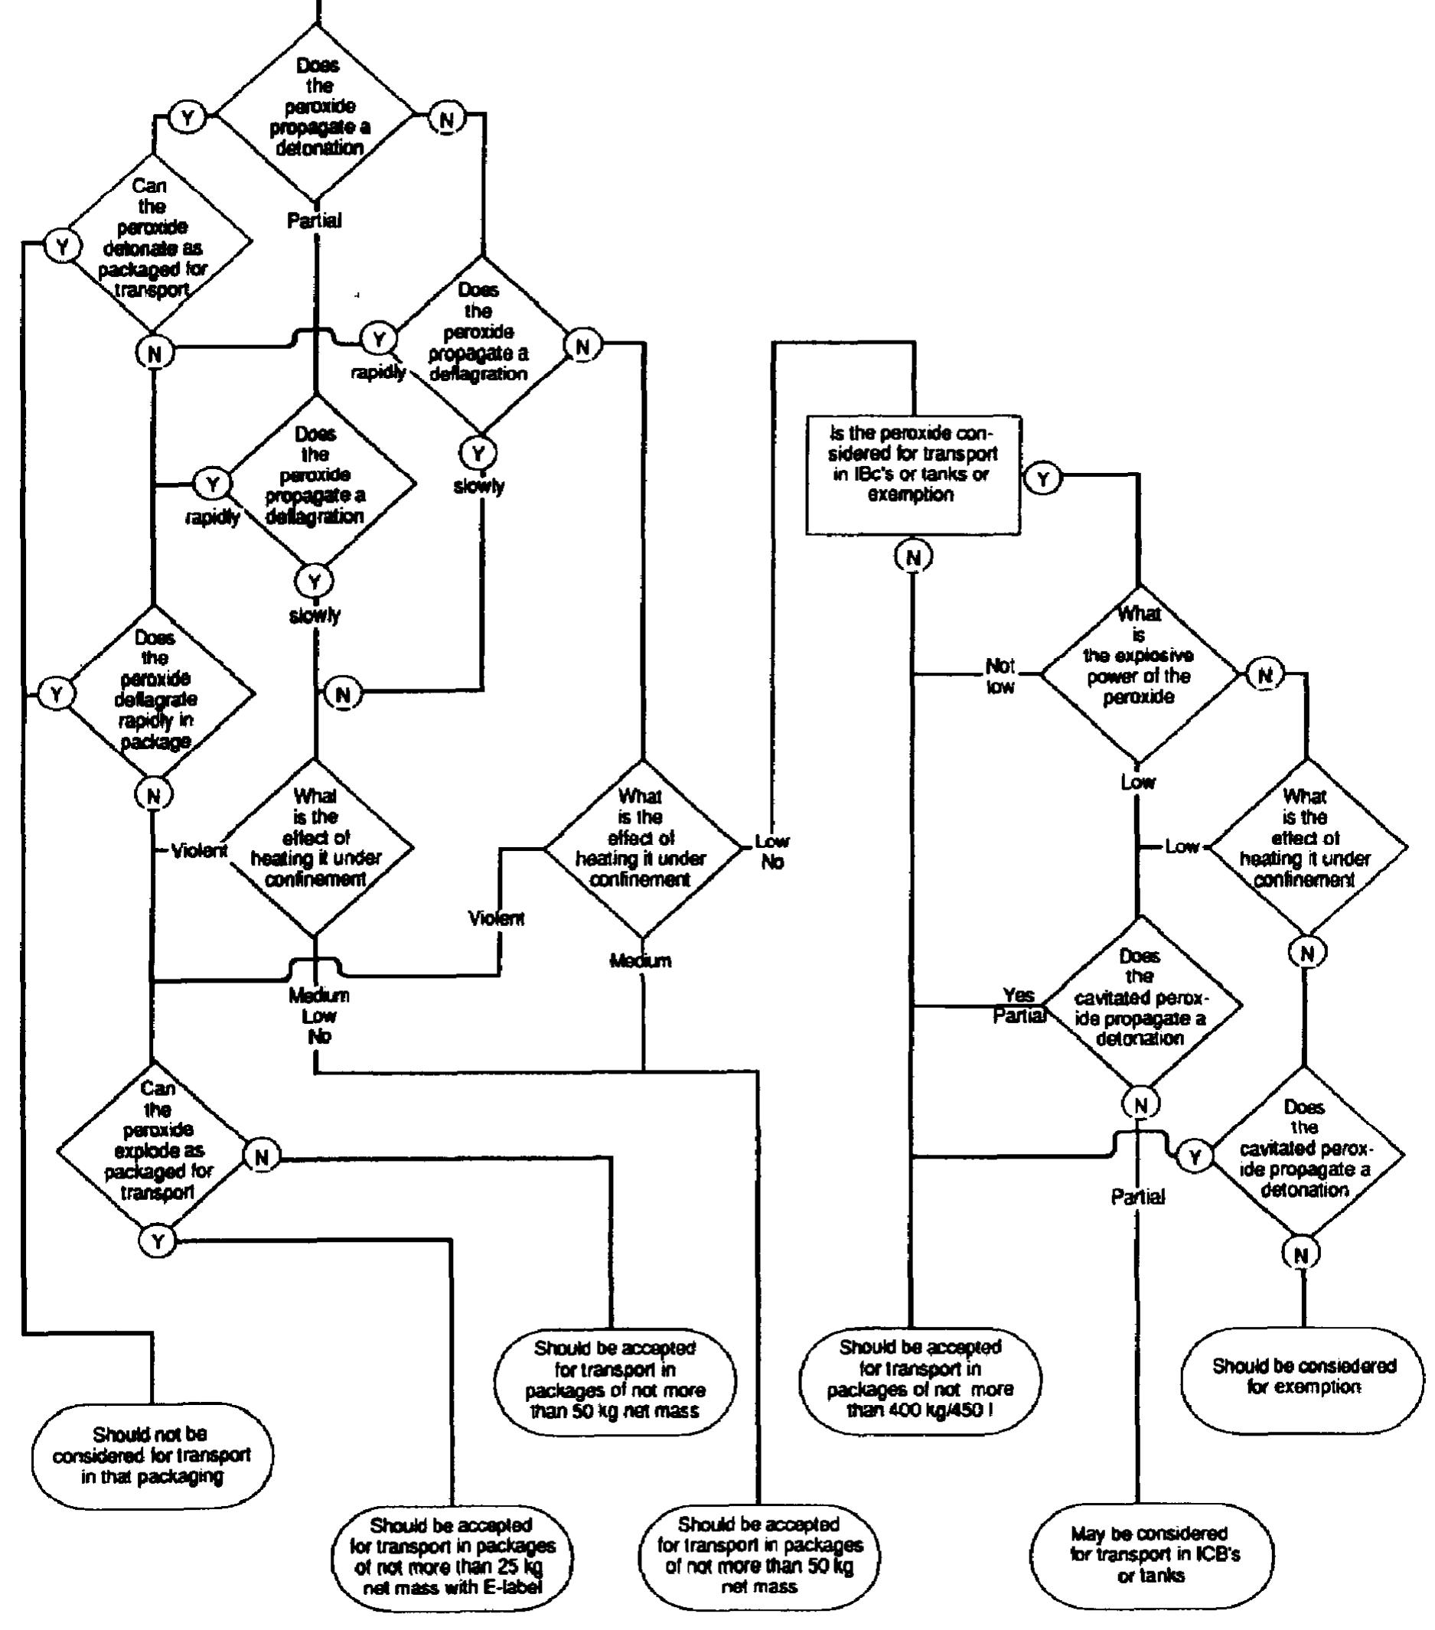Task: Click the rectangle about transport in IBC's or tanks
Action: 912,474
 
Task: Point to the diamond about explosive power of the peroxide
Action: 1138,675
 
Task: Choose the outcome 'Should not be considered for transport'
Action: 152,1456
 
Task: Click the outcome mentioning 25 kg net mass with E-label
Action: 452,1556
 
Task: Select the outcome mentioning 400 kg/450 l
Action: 919,1379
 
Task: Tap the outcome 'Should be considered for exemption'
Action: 1303,1377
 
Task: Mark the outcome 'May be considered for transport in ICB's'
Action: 1151,1555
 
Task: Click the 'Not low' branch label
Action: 1000,676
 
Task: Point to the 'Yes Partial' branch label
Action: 1019,1005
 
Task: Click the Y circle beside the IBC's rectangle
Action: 1042,478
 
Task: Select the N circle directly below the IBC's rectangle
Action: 912,556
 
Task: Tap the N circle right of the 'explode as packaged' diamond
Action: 262,1157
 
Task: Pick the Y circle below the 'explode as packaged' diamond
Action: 158,1240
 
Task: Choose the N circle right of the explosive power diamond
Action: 1265,675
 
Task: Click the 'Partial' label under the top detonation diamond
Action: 315,220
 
